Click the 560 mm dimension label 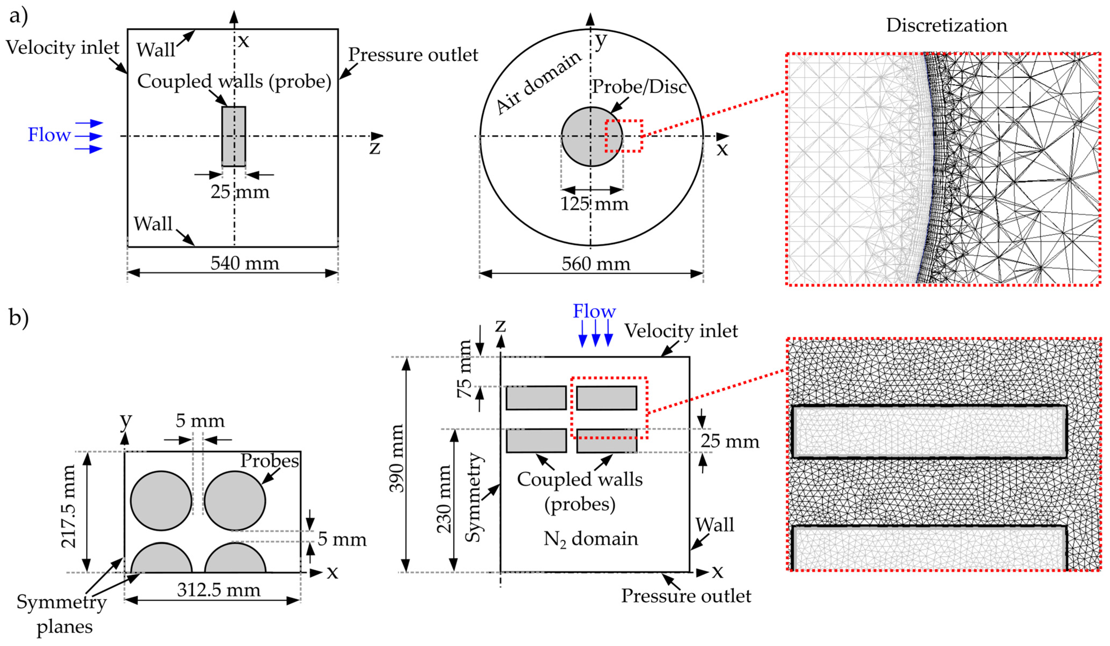click(596, 264)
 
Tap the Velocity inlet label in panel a click(62, 47)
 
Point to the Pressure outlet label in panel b click(686, 596)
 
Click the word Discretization click(946, 25)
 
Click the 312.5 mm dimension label click(219, 590)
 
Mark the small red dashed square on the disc click(624, 136)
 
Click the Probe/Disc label click(639, 87)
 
